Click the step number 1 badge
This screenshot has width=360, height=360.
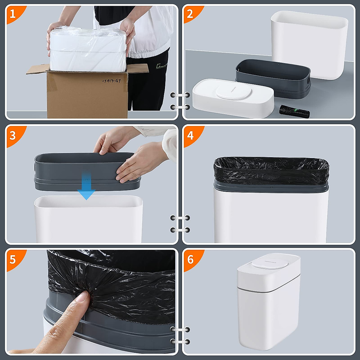[13, 13]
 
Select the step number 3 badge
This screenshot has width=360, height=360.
[13, 135]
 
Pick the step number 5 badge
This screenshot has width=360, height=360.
[13, 259]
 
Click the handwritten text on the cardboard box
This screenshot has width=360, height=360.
[111, 81]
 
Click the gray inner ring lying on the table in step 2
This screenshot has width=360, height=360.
[272, 77]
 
